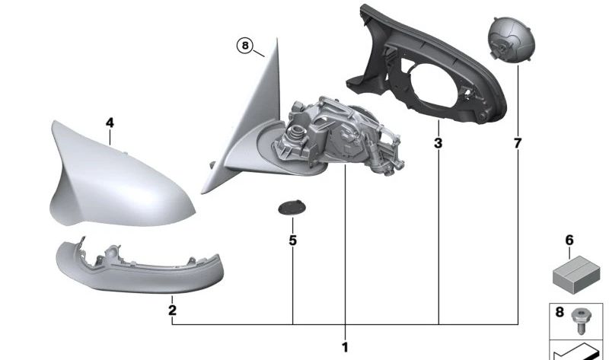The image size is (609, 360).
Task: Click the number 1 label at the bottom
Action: pyautogui.click(x=345, y=347)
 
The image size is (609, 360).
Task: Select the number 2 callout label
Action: pyautogui.click(x=172, y=311)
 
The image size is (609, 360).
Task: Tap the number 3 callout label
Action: pyautogui.click(x=438, y=142)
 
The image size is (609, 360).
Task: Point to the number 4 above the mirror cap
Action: pyautogui.click(x=110, y=122)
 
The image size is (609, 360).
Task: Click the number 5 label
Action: pyautogui.click(x=293, y=241)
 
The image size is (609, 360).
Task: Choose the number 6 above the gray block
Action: pyautogui.click(x=569, y=240)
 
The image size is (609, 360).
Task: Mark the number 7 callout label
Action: pyautogui.click(x=518, y=142)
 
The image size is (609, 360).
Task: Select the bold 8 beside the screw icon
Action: pyautogui.click(x=560, y=312)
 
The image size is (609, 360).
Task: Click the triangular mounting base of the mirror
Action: pyautogui.click(x=244, y=129)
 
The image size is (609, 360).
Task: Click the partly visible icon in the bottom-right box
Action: pyautogui.click(x=579, y=352)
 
